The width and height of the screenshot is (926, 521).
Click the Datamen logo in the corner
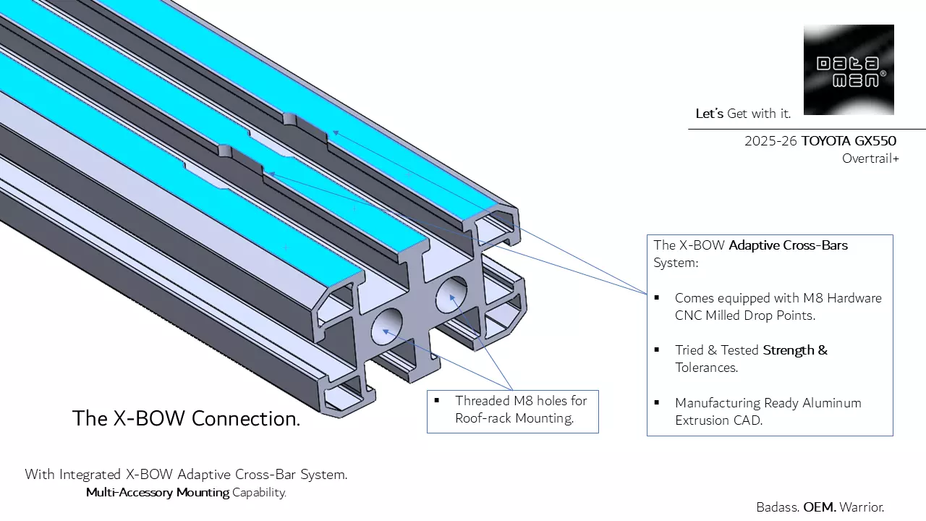(x=849, y=69)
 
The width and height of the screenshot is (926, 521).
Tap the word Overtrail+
(x=870, y=158)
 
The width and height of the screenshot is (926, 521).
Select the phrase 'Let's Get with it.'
(x=743, y=114)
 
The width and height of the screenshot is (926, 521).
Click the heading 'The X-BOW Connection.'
(x=186, y=418)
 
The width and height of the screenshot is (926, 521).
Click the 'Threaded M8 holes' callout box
(x=512, y=410)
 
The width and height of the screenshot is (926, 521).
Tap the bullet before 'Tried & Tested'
(x=657, y=350)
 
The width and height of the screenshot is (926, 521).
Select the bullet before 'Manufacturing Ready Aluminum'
(x=657, y=402)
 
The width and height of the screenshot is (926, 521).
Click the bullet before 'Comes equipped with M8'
(x=657, y=298)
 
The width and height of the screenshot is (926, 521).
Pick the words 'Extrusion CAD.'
(x=718, y=420)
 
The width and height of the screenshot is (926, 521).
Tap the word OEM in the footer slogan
(x=819, y=507)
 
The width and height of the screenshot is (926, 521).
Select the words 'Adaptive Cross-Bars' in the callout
(x=788, y=245)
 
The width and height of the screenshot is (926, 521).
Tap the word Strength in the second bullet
(x=789, y=350)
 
